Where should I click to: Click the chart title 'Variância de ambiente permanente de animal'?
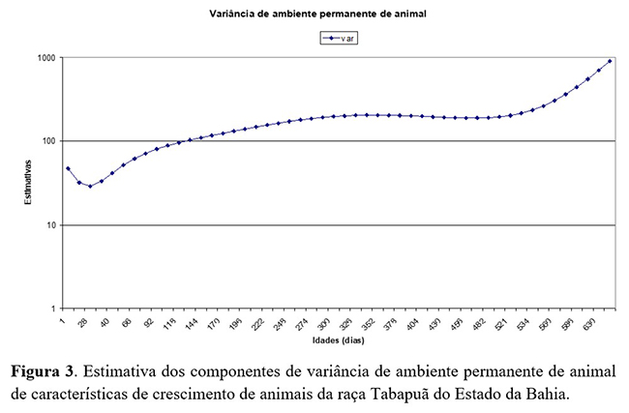tap(314, 15)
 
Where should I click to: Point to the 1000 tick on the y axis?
tap(46, 58)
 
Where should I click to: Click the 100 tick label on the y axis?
tap(48, 141)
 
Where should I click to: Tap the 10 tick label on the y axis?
tap(50, 225)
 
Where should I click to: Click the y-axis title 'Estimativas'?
tap(30, 184)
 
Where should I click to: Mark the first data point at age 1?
tap(68, 168)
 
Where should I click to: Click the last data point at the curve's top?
tap(611, 61)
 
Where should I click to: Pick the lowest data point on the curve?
tap(90, 186)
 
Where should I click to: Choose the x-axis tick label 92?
tap(148, 322)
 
